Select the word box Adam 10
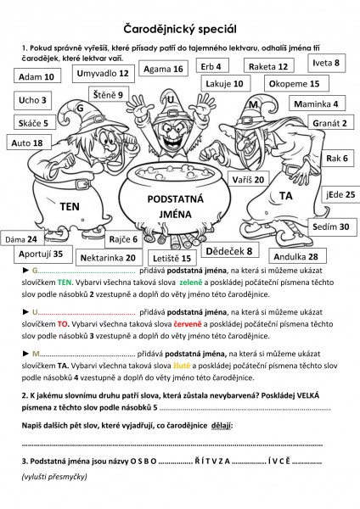click(37, 76)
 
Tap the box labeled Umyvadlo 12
click(103, 74)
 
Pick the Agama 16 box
click(163, 69)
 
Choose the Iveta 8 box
click(326, 63)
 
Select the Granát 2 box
click(329, 123)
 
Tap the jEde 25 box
click(339, 194)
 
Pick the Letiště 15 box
click(174, 256)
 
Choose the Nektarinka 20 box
click(107, 257)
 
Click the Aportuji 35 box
click(41, 254)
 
